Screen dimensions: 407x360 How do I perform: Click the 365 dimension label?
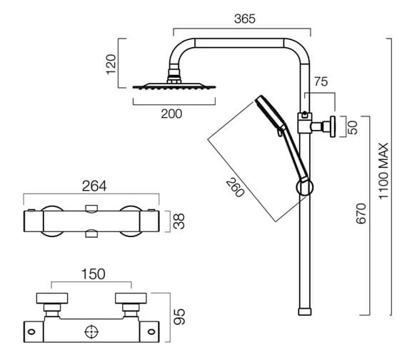(244, 19)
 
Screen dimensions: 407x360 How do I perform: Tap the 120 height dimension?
(111, 64)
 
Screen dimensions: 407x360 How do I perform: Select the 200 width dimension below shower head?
(171, 114)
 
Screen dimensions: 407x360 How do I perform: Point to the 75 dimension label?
(321, 82)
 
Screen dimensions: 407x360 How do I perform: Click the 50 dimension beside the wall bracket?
(353, 128)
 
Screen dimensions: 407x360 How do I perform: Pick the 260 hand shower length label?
(235, 188)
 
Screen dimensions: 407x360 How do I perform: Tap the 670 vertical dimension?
(361, 214)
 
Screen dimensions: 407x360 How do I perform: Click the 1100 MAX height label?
(383, 171)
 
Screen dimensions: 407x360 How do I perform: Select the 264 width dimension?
(94, 186)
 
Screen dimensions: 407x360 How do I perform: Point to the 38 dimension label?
(179, 221)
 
